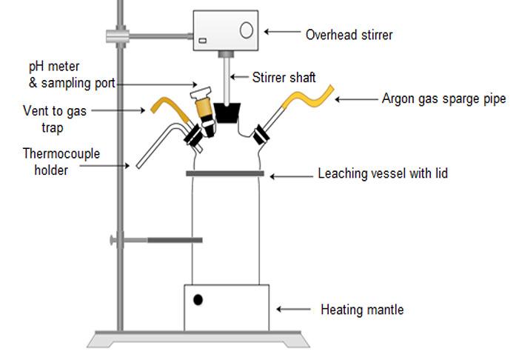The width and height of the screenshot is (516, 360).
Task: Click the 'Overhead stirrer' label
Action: [349, 34]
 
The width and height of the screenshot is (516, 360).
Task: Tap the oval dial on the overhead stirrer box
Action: [247, 30]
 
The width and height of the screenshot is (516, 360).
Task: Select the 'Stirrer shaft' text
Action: [284, 76]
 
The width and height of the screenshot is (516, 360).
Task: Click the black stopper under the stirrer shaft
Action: [226, 113]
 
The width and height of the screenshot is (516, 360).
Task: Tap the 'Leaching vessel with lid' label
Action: [382, 175]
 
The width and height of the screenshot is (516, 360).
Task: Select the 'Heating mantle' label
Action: [361, 309]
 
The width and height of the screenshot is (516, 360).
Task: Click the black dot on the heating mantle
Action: [198, 300]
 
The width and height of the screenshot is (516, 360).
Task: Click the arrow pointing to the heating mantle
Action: [294, 309]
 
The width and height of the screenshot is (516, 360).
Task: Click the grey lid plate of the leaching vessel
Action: [224, 173]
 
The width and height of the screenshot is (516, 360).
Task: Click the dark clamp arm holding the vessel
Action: [175, 240]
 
